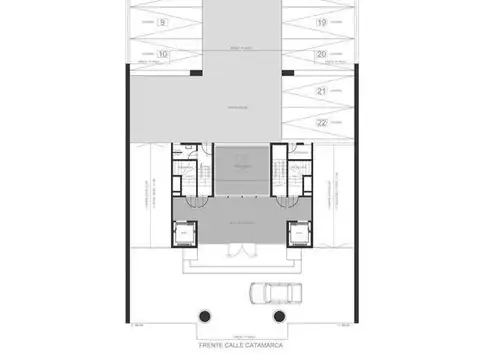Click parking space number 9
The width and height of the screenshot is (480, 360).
point(163,21)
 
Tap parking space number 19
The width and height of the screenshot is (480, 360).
point(321,21)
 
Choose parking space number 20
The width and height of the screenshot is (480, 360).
point(321,54)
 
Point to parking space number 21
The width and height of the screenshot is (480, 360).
point(321,91)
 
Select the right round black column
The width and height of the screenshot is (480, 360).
point(279,316)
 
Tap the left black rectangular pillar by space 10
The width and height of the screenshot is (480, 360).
point(191,71)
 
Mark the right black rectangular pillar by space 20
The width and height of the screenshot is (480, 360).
point(289,71)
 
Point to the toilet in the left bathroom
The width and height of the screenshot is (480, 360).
point(180,153)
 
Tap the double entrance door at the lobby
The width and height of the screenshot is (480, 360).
point(241,256)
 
